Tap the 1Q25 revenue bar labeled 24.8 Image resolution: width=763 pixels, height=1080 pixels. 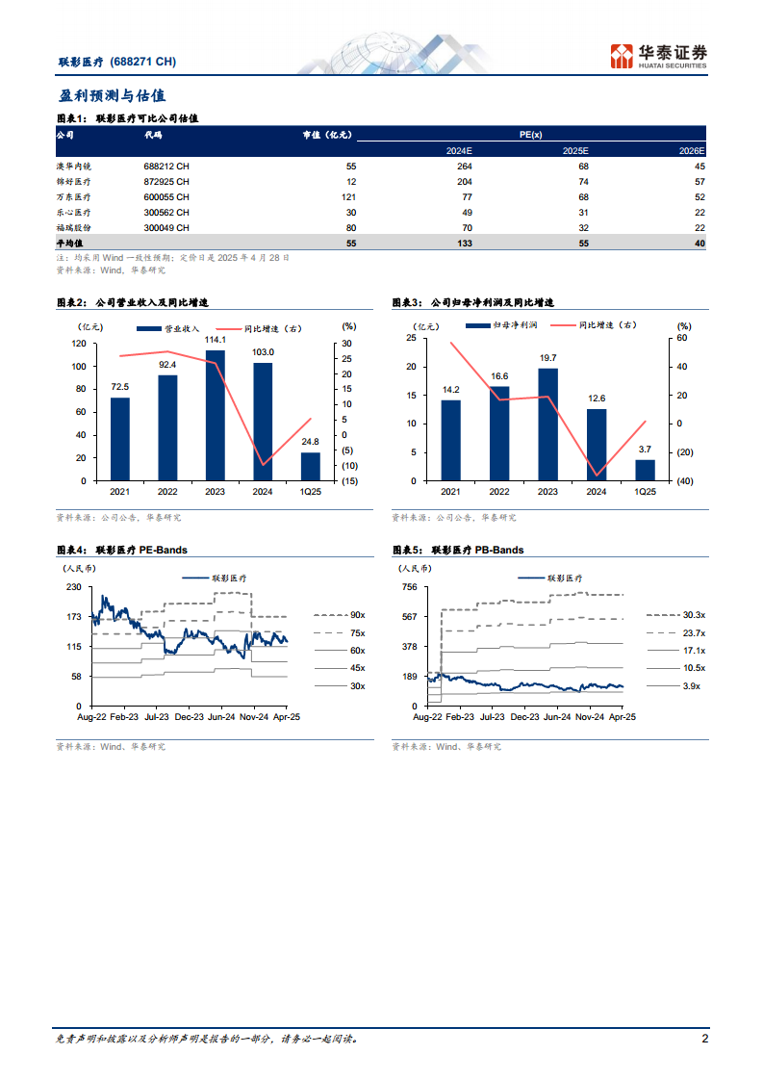point(310,467)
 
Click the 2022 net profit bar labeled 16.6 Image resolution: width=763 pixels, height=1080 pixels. point(498,433)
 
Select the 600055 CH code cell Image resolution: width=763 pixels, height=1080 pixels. point(166,197)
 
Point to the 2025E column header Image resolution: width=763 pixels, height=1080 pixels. point(574,151)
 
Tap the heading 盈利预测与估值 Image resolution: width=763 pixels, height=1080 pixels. point(112,96)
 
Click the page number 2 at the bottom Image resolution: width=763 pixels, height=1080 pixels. point(704,1039)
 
